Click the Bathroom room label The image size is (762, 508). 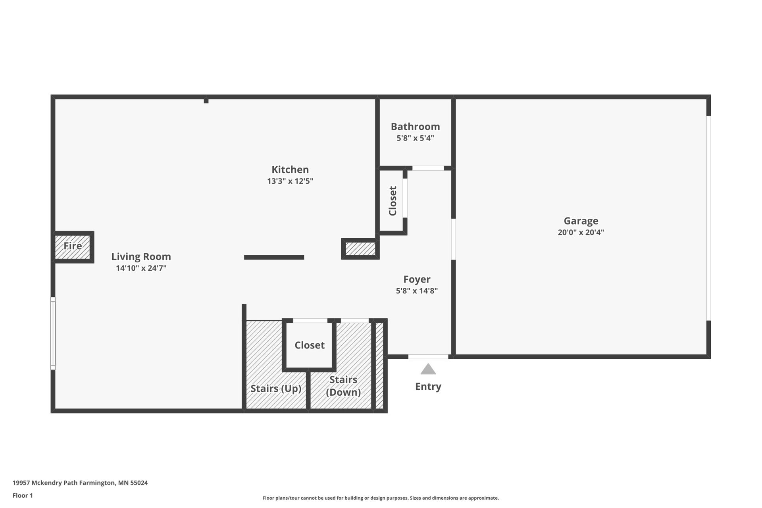415,127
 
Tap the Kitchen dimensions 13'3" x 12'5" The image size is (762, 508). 290,181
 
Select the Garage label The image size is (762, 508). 581,221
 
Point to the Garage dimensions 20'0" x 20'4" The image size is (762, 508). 581,233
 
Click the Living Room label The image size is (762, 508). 141,257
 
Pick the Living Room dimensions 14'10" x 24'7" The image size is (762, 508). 141,268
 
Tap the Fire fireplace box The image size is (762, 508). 73,247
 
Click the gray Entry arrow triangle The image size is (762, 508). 428,369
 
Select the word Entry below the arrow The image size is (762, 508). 428,387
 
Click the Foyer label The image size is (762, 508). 417,279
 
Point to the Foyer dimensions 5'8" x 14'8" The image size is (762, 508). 417,291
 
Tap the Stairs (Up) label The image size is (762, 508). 276,389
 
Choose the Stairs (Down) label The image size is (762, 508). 343,386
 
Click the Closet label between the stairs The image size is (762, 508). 310,345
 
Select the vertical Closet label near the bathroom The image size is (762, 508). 393,201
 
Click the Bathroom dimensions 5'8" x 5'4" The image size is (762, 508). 415,139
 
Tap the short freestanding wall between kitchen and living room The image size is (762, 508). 274,257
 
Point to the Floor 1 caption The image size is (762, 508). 23,495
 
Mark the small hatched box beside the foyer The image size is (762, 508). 360,249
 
